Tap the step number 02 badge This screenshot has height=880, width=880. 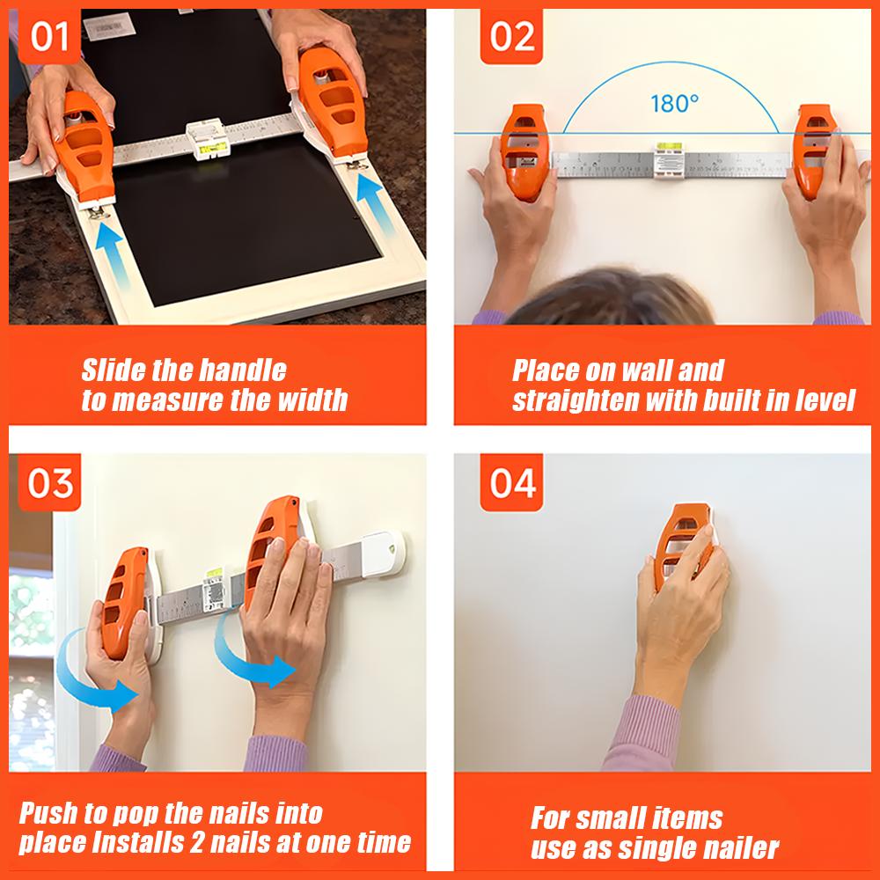pyautogui.click(x=513, y=38)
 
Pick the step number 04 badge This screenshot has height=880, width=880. pyautogui.click(x=513, y=483)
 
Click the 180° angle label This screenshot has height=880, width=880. pyautogui.click(x=674, y=103)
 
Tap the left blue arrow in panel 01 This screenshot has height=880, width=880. pyautogui.click(x=112, y=256)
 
